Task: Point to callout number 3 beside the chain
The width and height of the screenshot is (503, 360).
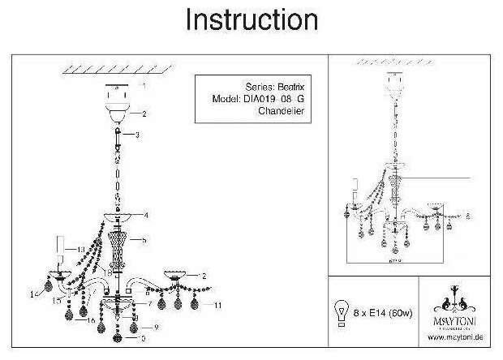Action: point(139,135)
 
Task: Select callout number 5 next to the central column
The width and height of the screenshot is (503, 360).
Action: point(144,241)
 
